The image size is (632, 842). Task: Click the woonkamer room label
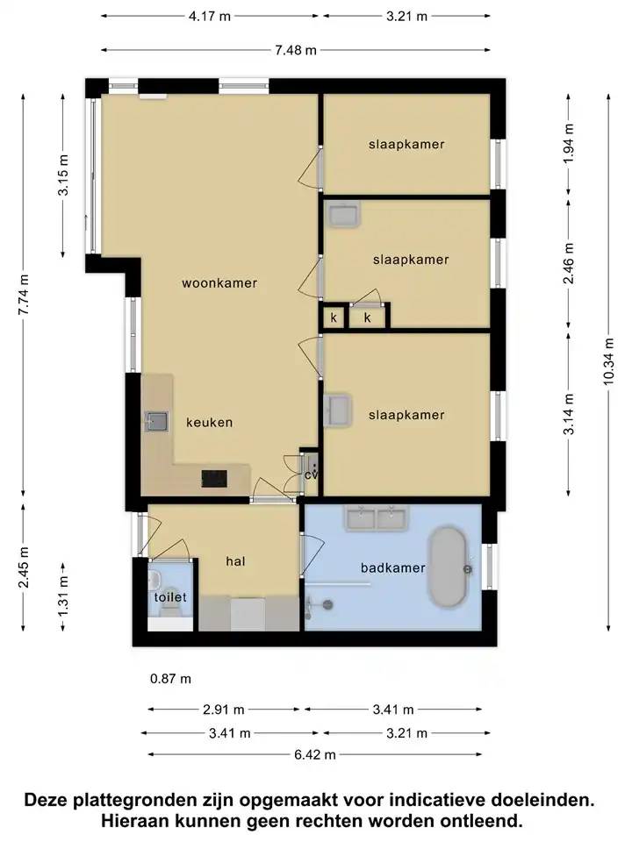coord(219,283)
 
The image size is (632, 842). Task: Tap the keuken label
coord(210,423)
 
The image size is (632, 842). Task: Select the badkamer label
coord(393,567)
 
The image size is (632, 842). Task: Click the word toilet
coord(170,597)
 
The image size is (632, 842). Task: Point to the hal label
coord(235,561)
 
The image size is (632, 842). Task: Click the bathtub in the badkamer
coord(447,567)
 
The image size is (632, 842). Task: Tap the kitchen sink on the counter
coord(156,422)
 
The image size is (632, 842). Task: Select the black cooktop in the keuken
coord(214,479)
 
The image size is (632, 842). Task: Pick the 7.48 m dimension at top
coord(296,50)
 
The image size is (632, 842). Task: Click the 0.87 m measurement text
coord(170,679)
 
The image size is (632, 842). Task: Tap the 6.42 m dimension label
coord(314,754)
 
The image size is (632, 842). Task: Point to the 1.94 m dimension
coord(569,143)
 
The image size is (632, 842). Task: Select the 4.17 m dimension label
coord(210,16)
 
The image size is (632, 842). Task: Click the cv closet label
coord(311,475)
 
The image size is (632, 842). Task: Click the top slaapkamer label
coord(406,144)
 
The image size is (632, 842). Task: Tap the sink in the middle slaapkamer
coord(344,214)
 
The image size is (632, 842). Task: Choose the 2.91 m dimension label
coord(224,710)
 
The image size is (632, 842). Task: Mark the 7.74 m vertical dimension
coord(23,295)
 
